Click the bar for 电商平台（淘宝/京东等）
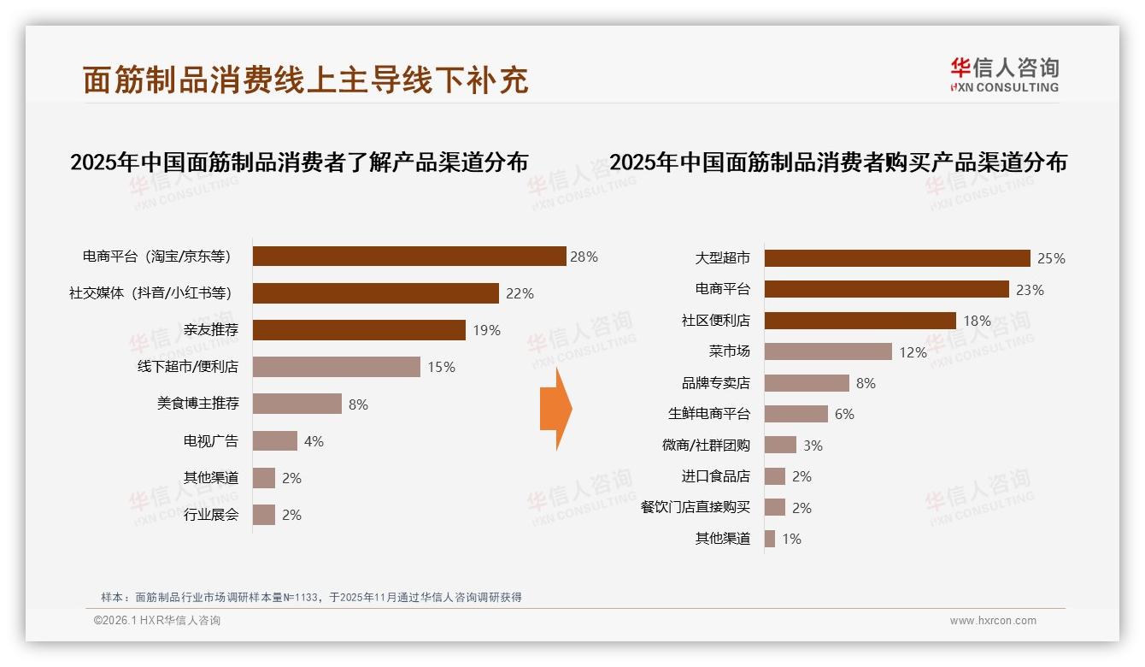(409, 257)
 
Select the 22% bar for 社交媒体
(376, 293)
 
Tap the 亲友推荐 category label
(211, 330)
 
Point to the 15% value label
(442, 367)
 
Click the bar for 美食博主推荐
(297, 404)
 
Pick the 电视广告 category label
(211, 441)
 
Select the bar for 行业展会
(264, 515)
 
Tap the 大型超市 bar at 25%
(897, 258)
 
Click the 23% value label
(1030, 290)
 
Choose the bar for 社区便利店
(860, 321)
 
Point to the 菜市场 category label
(729, 351)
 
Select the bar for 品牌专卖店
(807, 383)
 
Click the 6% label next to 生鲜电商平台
(844, 414)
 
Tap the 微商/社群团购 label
(706, 445)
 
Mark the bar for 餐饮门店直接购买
(774, 507)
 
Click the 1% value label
(791, 539)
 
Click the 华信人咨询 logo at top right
(1004, 75)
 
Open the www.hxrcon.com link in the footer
(993, 621)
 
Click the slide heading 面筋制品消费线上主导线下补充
(306, 80)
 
